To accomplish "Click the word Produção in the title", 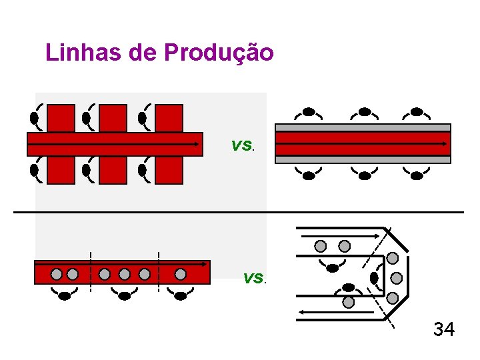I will pyautogui.click(x=218, y=53).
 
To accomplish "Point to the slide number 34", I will pyautogui.click(x=444, y=329).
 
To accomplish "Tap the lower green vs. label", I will pyautogui.click(x=254, y=277).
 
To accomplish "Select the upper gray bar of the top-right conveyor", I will pyautogui.click(x=363, y=127).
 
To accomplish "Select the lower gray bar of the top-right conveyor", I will pyautogui.click(x=363, y=160).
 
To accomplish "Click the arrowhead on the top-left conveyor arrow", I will pyautogui.click(x=197, y=143).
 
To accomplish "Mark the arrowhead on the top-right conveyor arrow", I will pyautogui.click(x=445, y=143).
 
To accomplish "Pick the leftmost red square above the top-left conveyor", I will pyautogui.click(x=61, y=118).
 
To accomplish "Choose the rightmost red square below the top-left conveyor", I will pyautogui.click(x=169, y=170).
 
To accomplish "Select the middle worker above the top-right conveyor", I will pyautogui.click(x=364, y=111).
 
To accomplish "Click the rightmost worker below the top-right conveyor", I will pyautogui.click(x=417, y=175).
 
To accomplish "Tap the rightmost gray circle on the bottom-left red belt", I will pyautogui.click(x=180, y=273).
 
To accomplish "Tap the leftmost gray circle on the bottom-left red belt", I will pyautogui.click(x=57, y=273).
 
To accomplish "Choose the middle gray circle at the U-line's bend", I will pyautogui.click(x=396, y=277).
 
